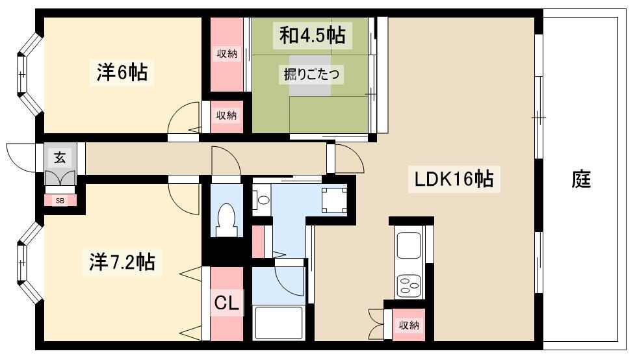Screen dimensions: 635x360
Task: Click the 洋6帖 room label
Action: [122, 73]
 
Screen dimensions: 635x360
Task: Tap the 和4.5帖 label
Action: [312, 35]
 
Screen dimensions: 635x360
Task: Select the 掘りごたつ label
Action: [311, 74]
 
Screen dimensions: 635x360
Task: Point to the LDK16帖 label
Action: [454, 179]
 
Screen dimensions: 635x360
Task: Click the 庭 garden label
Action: [581, 179]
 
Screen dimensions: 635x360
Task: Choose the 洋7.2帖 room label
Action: [122, 262]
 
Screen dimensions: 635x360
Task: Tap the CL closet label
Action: [226, 302]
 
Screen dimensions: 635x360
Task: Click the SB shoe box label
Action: [60, 200]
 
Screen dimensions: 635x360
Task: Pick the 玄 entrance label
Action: [60, 157]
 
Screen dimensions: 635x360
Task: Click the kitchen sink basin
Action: [408, 245]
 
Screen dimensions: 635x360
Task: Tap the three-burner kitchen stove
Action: [408, 285]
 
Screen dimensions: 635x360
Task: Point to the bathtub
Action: [278, 323]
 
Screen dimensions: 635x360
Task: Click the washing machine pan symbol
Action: [334, 200]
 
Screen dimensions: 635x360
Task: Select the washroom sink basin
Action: [263, 199]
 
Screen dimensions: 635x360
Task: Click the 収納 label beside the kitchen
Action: [408, 325]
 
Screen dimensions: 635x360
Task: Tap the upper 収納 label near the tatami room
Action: [226, 53]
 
